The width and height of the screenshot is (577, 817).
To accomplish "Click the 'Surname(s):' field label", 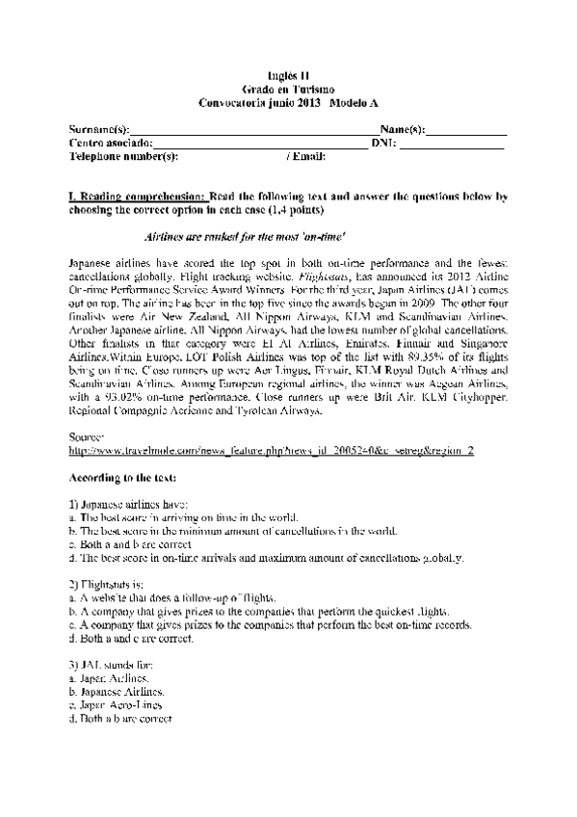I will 99,129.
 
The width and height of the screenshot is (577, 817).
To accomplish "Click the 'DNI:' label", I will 382,142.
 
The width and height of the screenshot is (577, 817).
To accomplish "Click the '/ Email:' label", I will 306,155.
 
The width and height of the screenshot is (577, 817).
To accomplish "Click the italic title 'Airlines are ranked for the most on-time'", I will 244,236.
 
